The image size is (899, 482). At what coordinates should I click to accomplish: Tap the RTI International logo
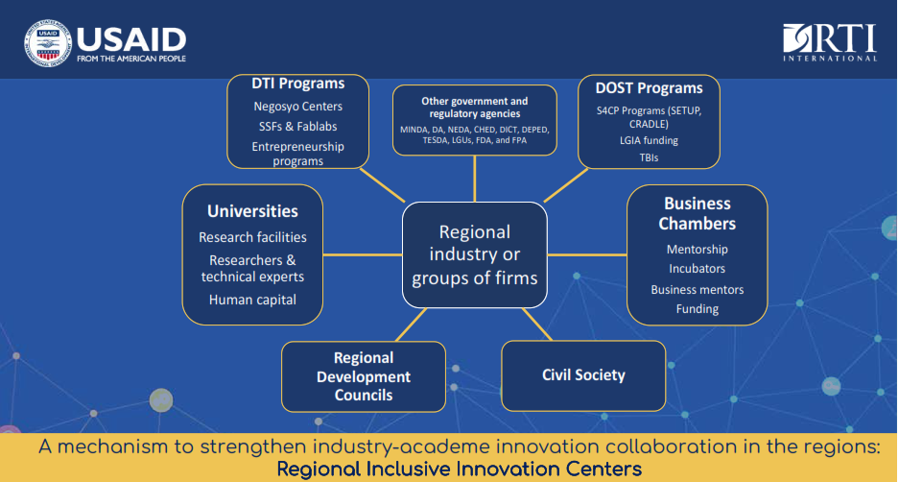(830, 42)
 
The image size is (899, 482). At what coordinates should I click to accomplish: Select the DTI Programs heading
(298, 84)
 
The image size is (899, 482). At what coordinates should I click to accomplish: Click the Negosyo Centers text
(298, 107)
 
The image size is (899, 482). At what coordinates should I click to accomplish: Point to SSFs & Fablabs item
(298, 126)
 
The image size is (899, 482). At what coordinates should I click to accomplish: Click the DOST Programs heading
(649, 89)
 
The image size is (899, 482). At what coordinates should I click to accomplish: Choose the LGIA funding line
(649, 140)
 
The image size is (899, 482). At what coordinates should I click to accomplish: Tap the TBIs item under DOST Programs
(649, 157)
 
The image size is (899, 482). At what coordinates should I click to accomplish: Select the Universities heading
(253, 211)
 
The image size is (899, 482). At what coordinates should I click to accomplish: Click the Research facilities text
(253, 237)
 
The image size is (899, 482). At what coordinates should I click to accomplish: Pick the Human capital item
(253, 300)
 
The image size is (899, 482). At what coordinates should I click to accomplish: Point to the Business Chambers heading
(698, 213)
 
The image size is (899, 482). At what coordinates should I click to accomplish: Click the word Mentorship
(698, 250)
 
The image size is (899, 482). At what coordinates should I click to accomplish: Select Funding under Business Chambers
(698, 309)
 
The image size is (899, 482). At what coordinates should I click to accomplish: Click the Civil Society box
(583, 375)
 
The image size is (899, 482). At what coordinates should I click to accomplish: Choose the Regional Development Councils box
(364, 376)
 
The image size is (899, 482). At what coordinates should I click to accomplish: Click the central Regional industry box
(475, 254)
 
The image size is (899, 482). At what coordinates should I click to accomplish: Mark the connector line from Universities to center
(363, 254)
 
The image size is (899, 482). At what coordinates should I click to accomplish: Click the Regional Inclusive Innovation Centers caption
(460, 470)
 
